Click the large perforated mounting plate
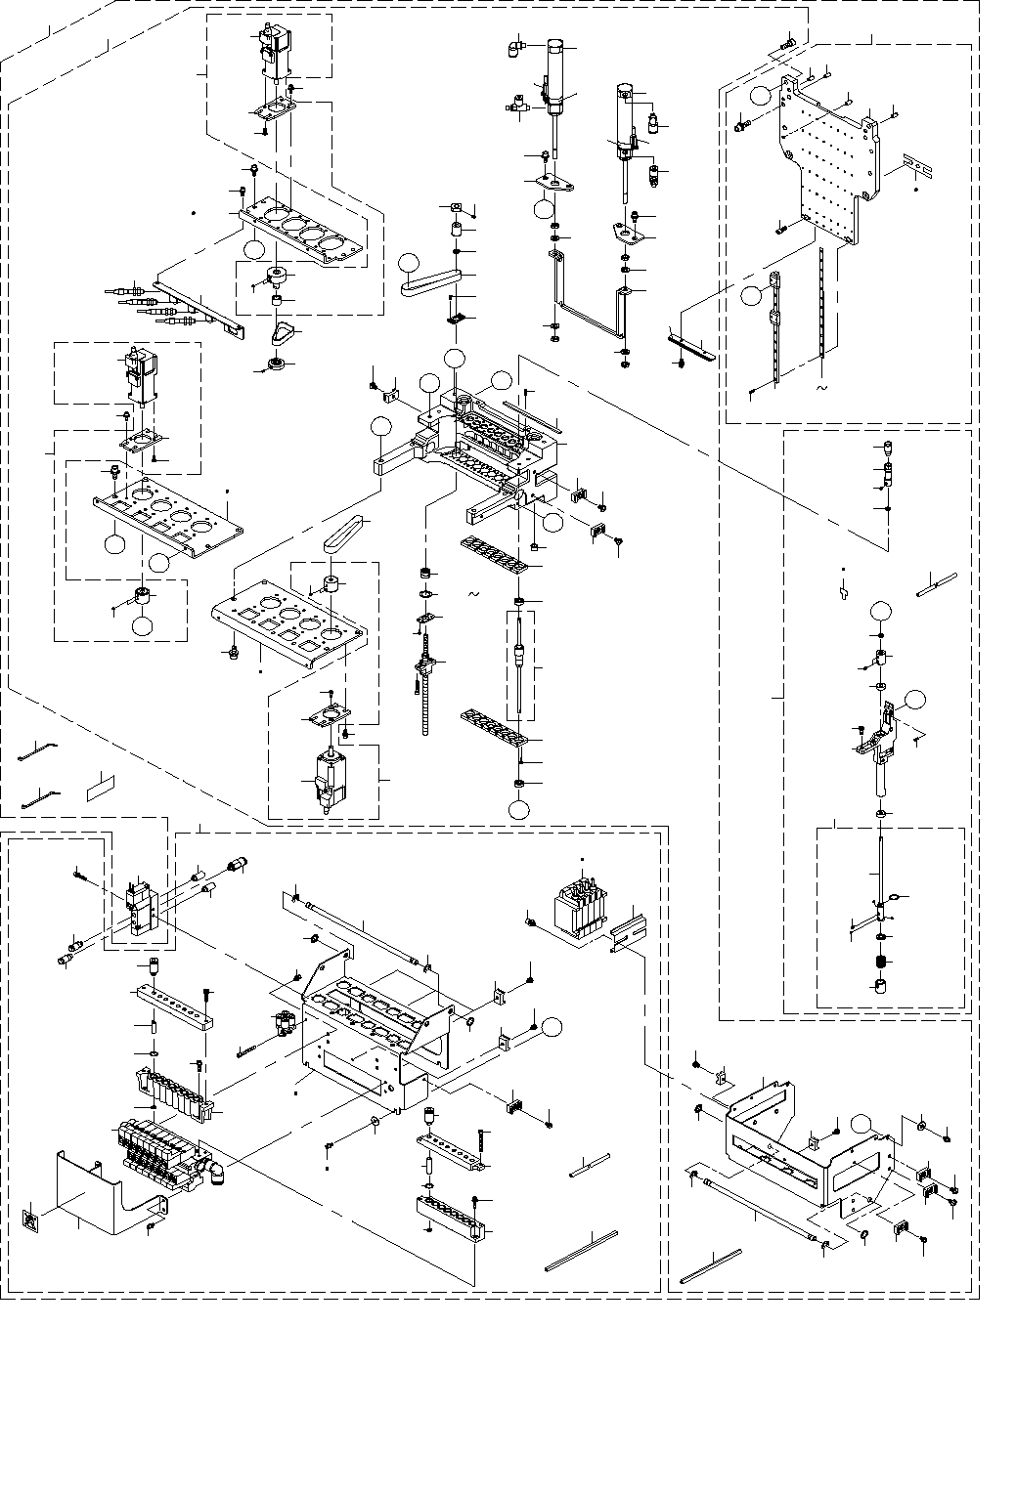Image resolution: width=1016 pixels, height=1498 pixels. tap(831, 166)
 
